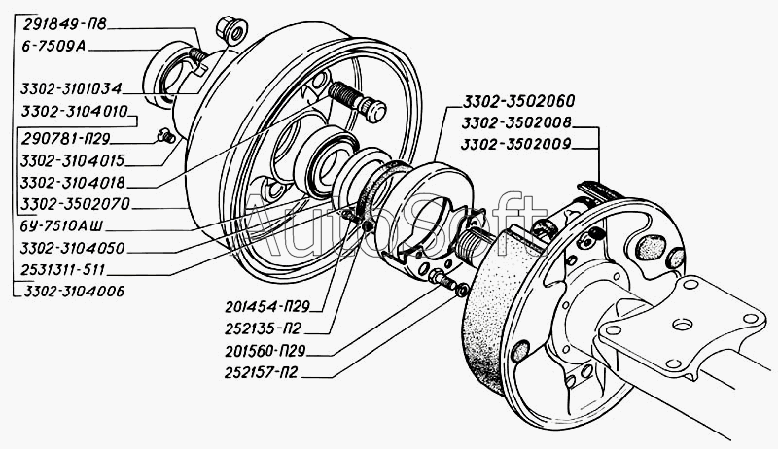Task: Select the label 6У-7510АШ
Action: point(60,227)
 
